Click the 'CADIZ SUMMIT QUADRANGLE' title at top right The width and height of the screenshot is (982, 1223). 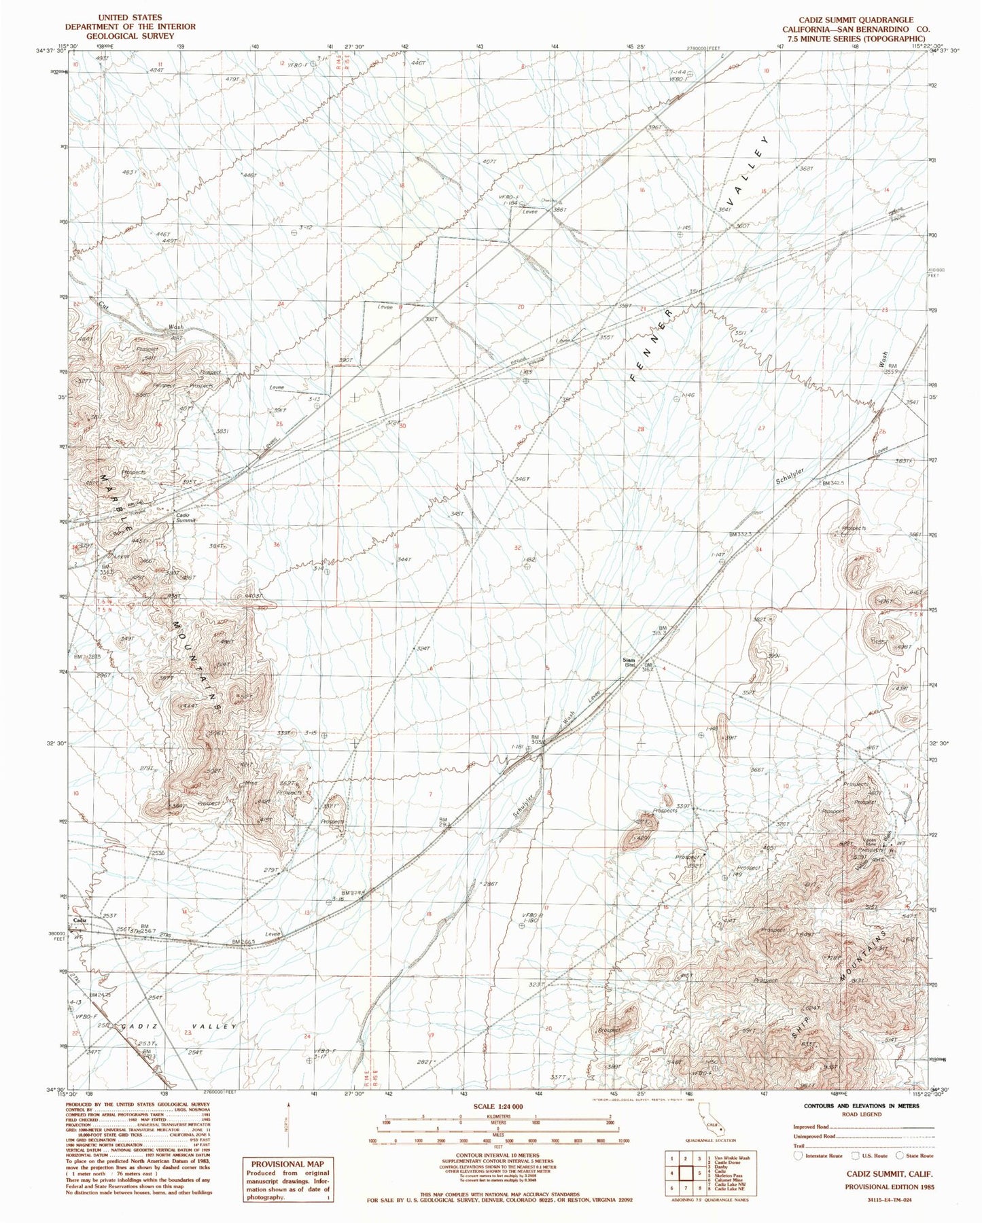point(858,20)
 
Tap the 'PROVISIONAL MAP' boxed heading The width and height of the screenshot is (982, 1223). point(285,1163)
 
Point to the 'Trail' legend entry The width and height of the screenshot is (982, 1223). point(799,1145)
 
